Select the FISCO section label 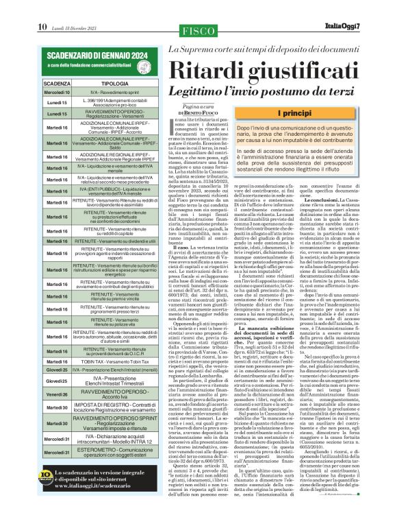point(198,30)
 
